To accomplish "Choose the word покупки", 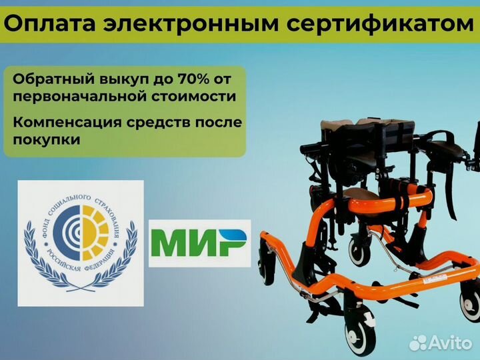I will coord(45,141).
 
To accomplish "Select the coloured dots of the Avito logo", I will coord(419,343).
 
